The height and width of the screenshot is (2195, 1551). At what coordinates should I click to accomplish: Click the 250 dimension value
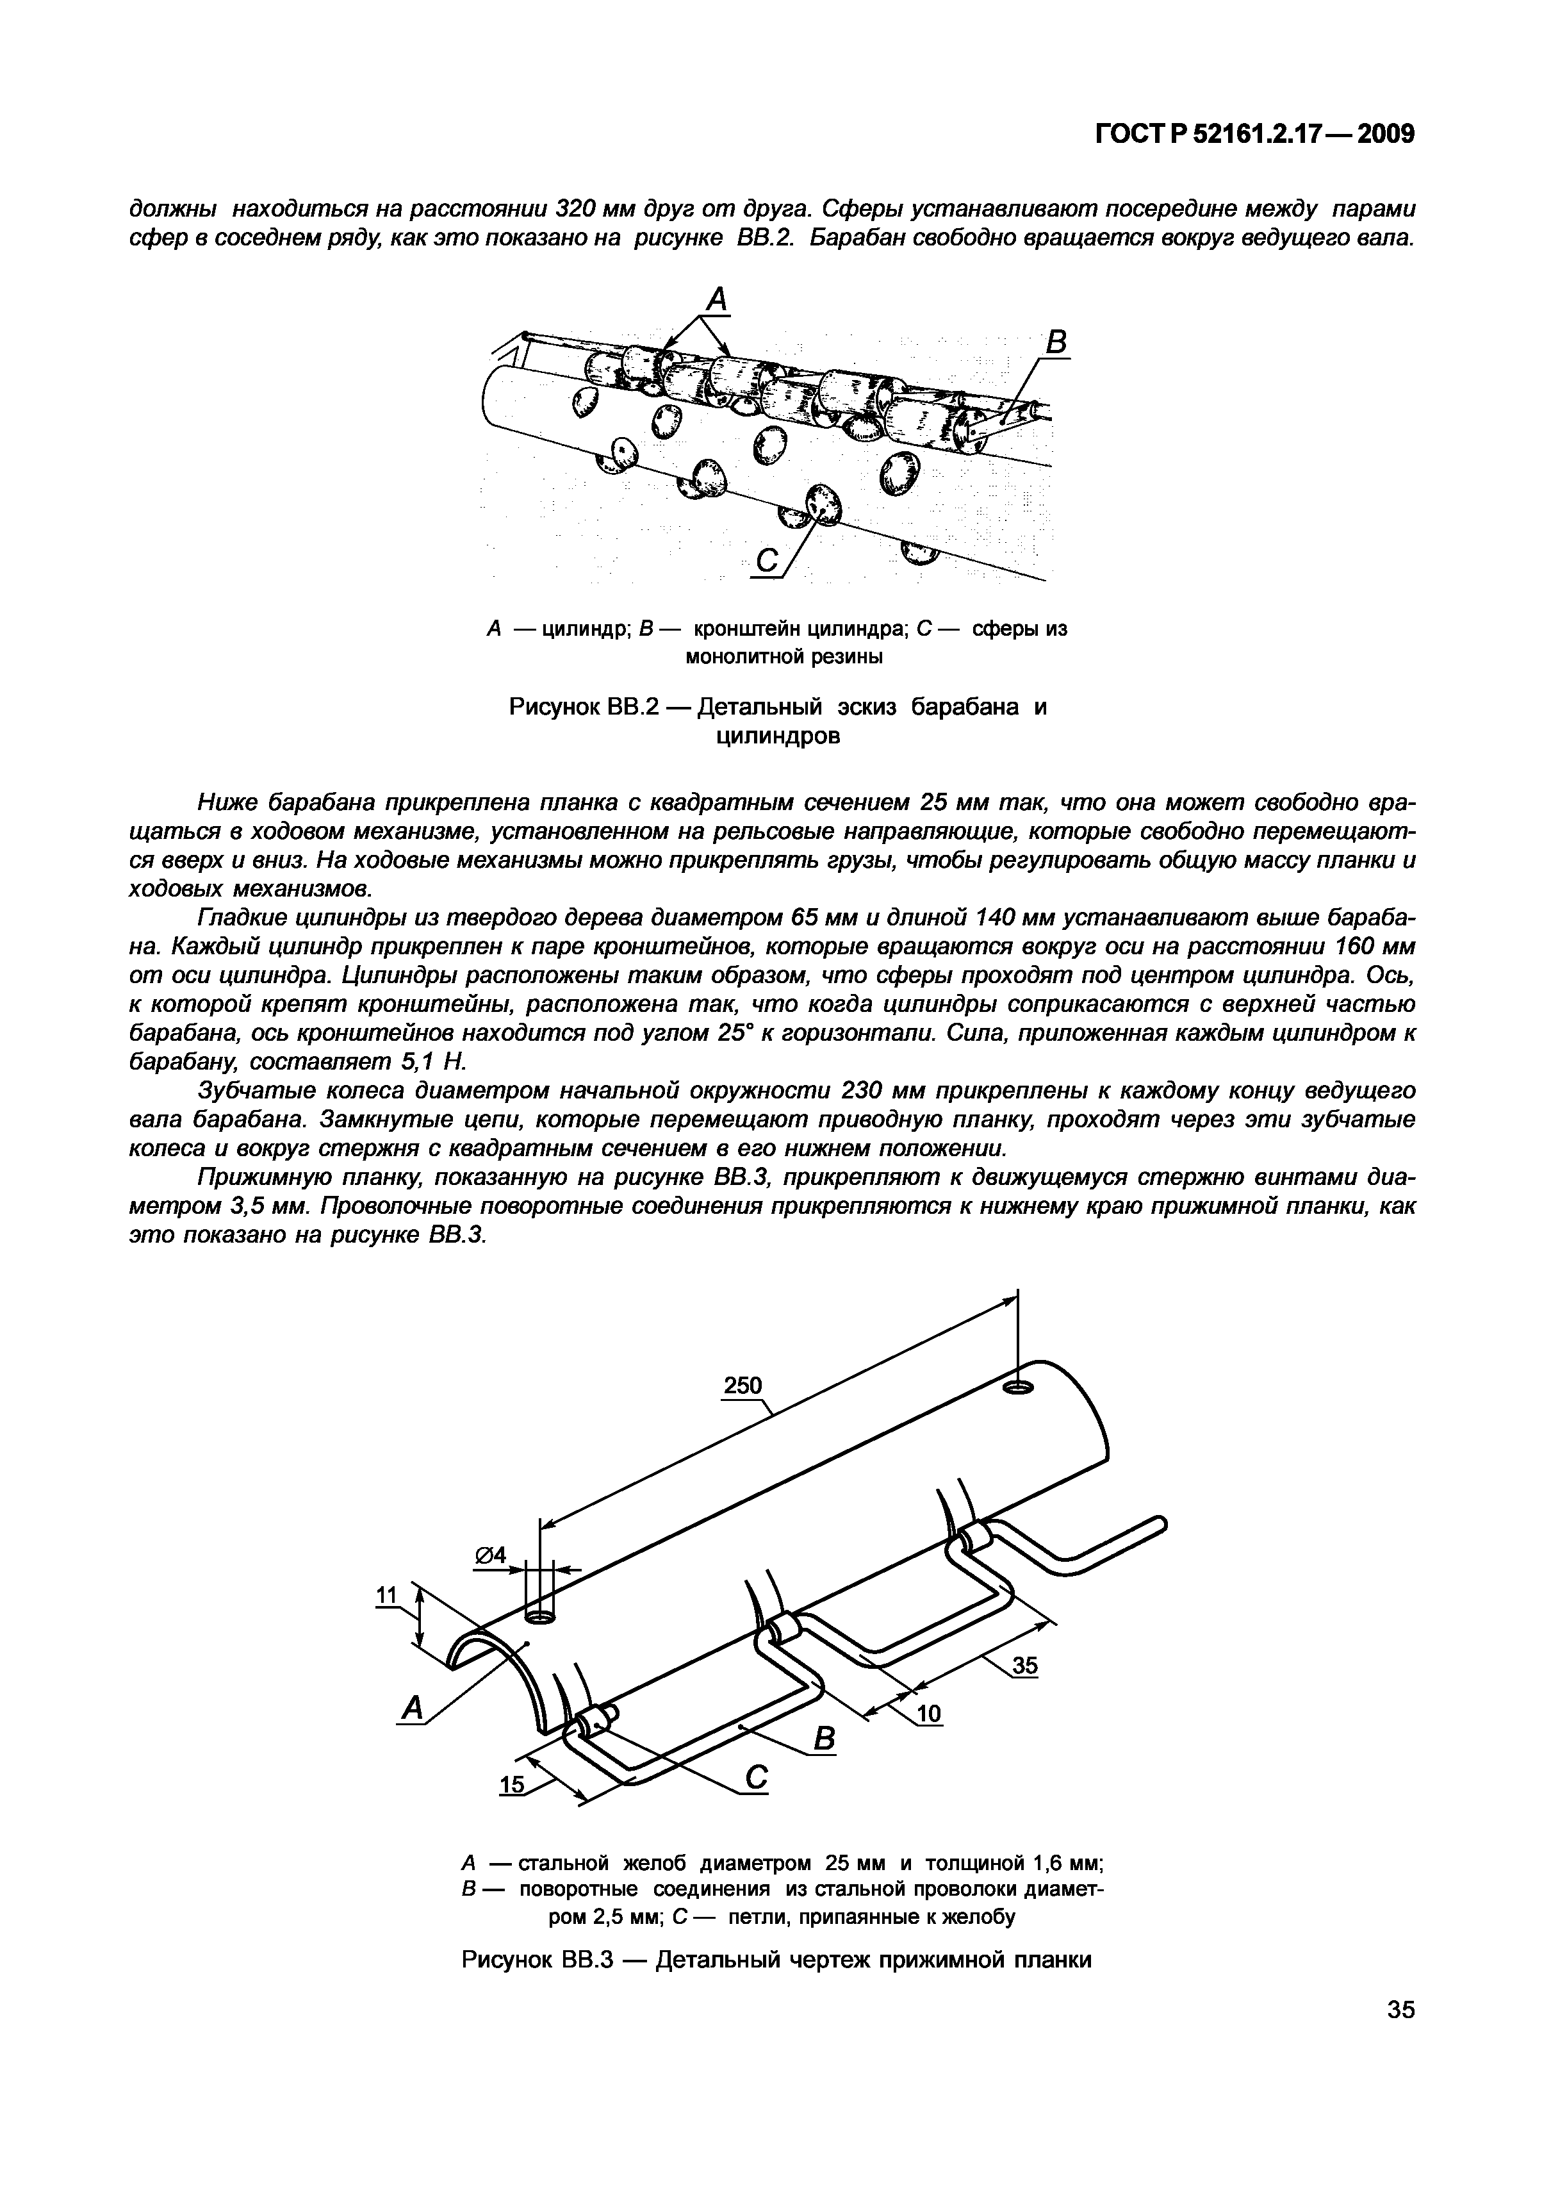(743, 1386)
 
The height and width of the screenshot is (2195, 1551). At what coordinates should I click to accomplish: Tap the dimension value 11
(386, 1594)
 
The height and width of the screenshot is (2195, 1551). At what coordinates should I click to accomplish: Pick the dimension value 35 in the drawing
(1024, 1666)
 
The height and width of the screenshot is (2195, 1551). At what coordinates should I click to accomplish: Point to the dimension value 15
(513, 1785)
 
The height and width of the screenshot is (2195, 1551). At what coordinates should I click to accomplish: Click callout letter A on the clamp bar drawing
(412, 1707)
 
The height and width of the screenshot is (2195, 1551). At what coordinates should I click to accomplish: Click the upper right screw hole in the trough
(1019, 1387)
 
